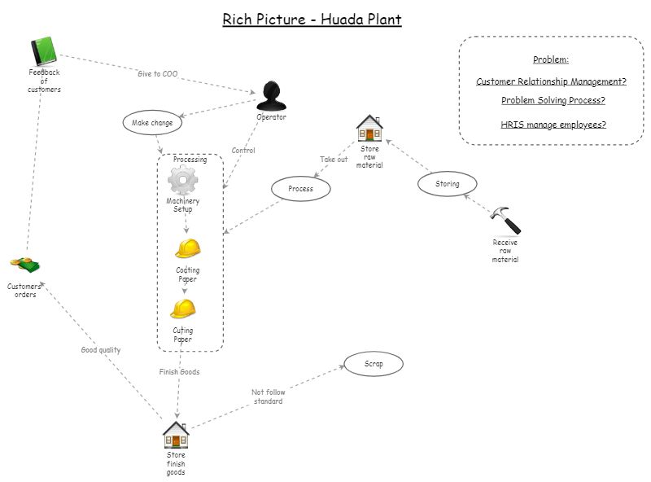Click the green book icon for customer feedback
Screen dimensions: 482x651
click(x=44, y=51)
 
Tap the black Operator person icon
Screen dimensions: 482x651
click(x=271, y=96)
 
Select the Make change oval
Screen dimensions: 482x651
click(x=152, y=123)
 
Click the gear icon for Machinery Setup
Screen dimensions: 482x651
click(x=182, y=181)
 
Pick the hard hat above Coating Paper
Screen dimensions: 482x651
click(x=187, y=248)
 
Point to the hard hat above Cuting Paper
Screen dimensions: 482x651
click(x=183, y=309)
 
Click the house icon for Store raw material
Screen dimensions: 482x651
click(x=369, y=129)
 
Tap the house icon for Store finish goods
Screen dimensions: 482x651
click(x=176, y=435)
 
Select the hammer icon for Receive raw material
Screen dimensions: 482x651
click(x=505, y=220)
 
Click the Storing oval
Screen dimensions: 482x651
click(x=448, y=184)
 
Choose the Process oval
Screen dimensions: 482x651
click(x=301, y=189)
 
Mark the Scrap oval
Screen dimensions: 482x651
click(x=374, y=363)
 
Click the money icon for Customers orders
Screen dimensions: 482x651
click(x=24, y=265)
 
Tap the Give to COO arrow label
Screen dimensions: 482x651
click(x=157, y=74)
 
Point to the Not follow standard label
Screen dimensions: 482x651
click(x=269, y=397)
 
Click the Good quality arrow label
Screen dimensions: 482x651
click(x=101, y=350)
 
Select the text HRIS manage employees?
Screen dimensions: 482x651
click(x=553, y=125)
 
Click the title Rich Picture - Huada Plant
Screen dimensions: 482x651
click(x=312, y=19)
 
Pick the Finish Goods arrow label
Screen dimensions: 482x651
click(x=179, y=372)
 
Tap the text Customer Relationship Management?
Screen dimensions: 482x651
click(x=551, y=81)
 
